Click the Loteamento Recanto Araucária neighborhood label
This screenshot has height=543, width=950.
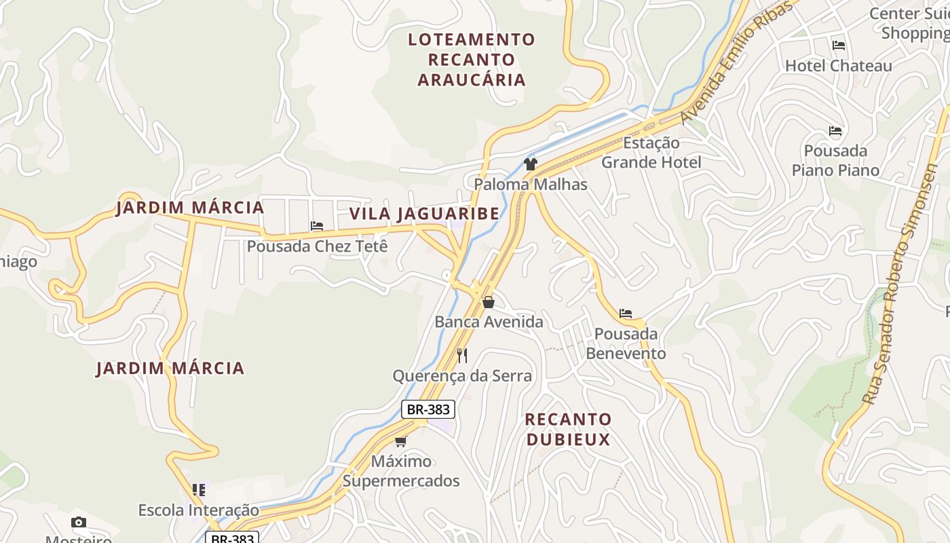472,60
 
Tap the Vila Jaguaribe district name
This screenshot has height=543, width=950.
424,214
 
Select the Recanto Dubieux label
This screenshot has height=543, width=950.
568,429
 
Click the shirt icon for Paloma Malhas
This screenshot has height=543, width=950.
531,164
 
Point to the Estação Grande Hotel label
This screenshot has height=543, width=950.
651,153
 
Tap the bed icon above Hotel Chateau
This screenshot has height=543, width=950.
839,45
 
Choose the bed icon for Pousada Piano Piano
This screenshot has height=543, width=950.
835,131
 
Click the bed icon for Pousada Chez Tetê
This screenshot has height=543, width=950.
317,226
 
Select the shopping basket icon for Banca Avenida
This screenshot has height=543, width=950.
488,302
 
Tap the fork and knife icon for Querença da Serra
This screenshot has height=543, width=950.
462,356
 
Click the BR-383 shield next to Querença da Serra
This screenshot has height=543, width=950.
427,409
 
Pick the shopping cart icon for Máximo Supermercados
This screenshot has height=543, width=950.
401,442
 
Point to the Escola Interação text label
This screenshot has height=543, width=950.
199,510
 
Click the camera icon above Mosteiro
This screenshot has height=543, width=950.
79,522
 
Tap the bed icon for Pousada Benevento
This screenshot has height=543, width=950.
626,314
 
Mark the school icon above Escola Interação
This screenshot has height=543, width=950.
199,489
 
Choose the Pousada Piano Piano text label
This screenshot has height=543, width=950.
835,160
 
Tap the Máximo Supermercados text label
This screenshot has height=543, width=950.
401,471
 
